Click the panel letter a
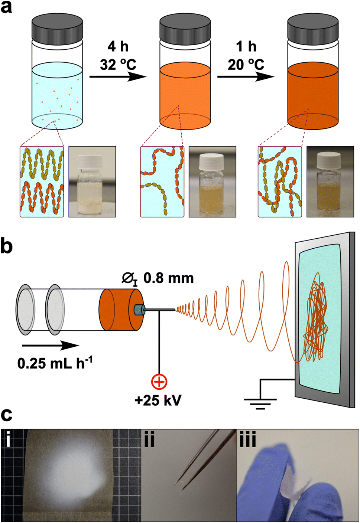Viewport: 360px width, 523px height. coord(6,7)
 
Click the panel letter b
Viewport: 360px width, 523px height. coord(7,246)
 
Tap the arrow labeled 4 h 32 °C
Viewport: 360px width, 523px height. coord(118,77)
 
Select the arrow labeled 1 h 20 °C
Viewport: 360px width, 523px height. coord(246,77)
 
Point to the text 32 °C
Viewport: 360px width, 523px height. coord(118,65)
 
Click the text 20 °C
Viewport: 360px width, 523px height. coord(246,65)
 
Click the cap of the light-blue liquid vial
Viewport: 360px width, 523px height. coord(57,27)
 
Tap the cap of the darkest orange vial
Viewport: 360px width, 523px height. coord(313,27)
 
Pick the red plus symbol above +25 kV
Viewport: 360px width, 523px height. coord(159,382)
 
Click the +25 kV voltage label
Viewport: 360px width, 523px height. coord(158,401)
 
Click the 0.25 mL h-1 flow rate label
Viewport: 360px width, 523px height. coord(55,363)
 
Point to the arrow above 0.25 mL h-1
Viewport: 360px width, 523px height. coord(51,346)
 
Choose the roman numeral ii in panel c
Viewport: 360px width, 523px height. coord(149,440)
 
